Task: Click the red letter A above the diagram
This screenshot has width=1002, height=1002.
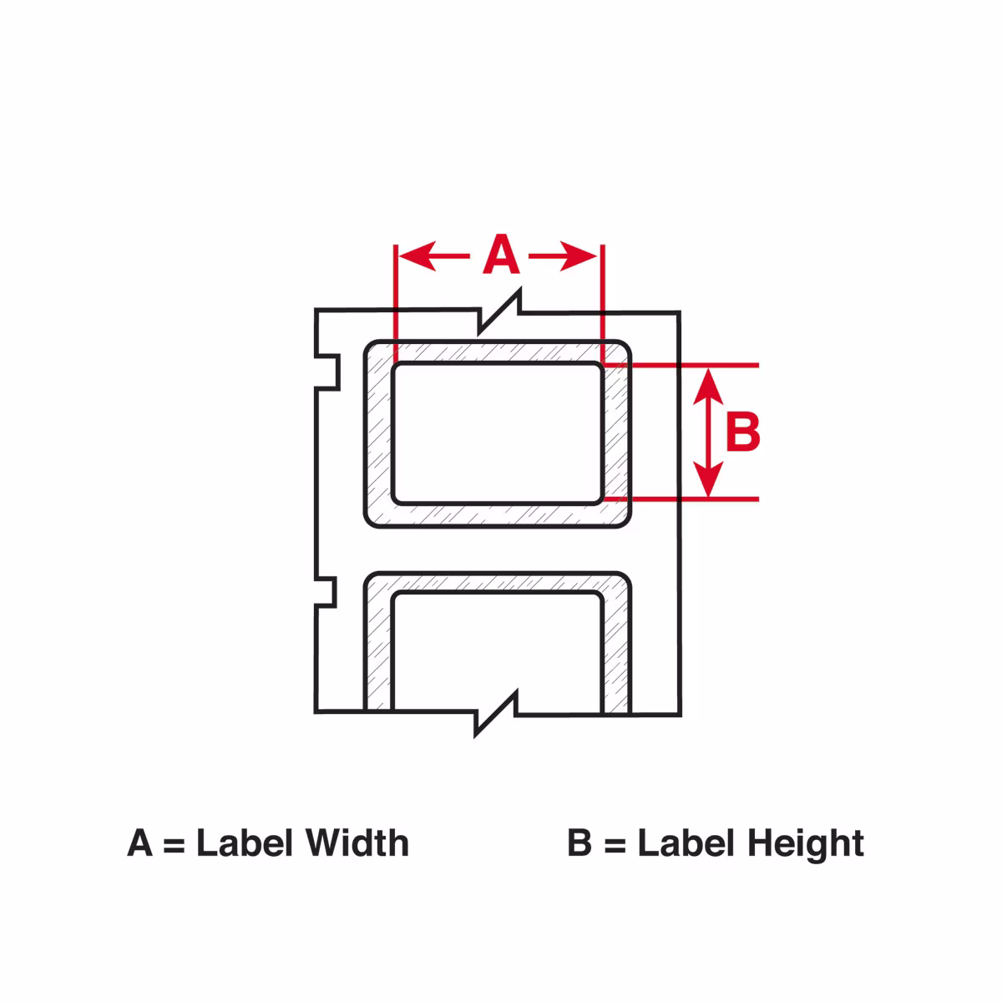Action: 501,256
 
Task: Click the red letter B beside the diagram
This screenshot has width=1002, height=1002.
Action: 742,433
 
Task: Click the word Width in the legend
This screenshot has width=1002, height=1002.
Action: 357,843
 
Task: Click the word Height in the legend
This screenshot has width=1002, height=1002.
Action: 806,843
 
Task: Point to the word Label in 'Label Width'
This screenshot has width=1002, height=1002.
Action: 244,843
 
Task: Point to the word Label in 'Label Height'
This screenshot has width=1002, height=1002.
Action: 685,843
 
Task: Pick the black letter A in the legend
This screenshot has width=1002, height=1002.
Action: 140,843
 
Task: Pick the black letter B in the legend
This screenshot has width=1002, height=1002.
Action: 579,843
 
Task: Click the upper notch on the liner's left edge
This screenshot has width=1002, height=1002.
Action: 328,370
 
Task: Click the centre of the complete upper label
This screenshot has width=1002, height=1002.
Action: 498,433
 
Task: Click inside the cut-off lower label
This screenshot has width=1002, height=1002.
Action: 498,651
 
